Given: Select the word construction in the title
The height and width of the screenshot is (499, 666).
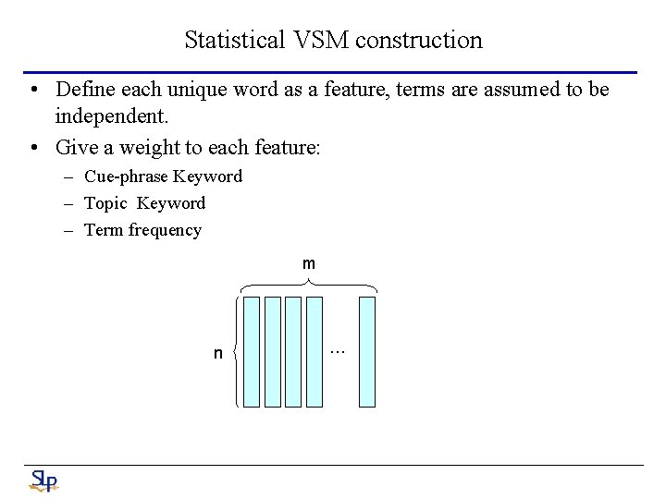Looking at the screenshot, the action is click(419, 40).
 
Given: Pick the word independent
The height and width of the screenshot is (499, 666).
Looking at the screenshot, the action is click(111, 117).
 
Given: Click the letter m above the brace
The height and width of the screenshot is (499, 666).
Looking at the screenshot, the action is click(309, 264).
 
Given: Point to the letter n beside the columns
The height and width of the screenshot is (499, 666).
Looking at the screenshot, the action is click(218, 353).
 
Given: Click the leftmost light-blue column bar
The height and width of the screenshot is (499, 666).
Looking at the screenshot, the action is click(252, 351).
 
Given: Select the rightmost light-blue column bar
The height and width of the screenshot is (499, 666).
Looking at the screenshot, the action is click(367, 351).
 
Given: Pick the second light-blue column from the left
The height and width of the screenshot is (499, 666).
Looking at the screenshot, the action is click(273, 351).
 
